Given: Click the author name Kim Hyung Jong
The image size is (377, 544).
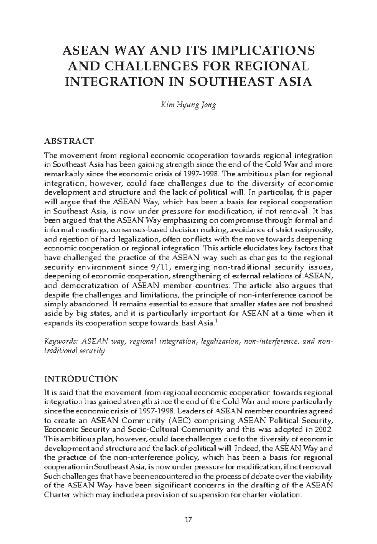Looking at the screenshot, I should (x=188, y=105).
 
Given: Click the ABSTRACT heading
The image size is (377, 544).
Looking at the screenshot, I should (x=69, y=141).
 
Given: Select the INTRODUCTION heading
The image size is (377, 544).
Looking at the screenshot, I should (x=81, y=379).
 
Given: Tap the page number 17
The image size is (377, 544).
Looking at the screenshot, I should (x=188, y=520).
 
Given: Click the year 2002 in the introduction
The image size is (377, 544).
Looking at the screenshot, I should (x=324, y=429).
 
